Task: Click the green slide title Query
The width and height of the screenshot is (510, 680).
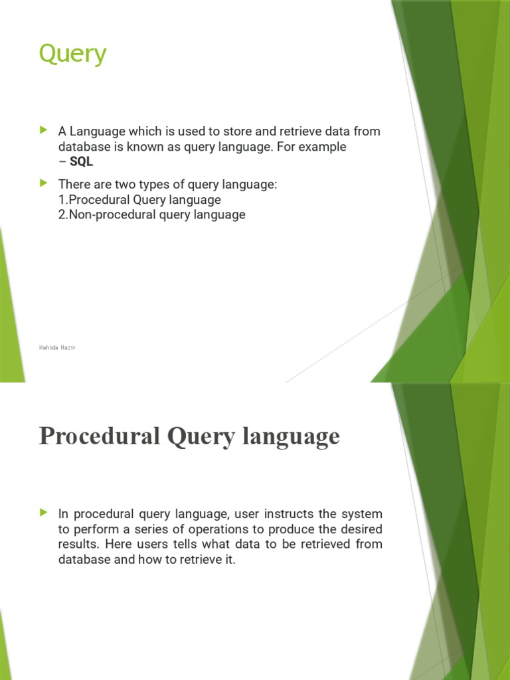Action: [x=72, y=54]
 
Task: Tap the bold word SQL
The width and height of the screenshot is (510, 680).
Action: [x=81, y=162]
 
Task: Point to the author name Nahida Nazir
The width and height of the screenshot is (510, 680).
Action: [x=57, y=347]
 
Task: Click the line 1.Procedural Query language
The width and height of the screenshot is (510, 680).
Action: [x=139, y=199]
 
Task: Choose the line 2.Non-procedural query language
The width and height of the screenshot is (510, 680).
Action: [x=151, y=214]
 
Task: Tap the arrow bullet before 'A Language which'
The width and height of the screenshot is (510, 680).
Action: [x=44, y=129]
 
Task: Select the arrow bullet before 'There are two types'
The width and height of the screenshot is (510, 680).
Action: [x=44, y=183]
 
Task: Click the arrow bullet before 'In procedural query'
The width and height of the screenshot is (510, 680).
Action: [x=44, y=513]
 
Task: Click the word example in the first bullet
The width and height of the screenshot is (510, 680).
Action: [x=316, y=147]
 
